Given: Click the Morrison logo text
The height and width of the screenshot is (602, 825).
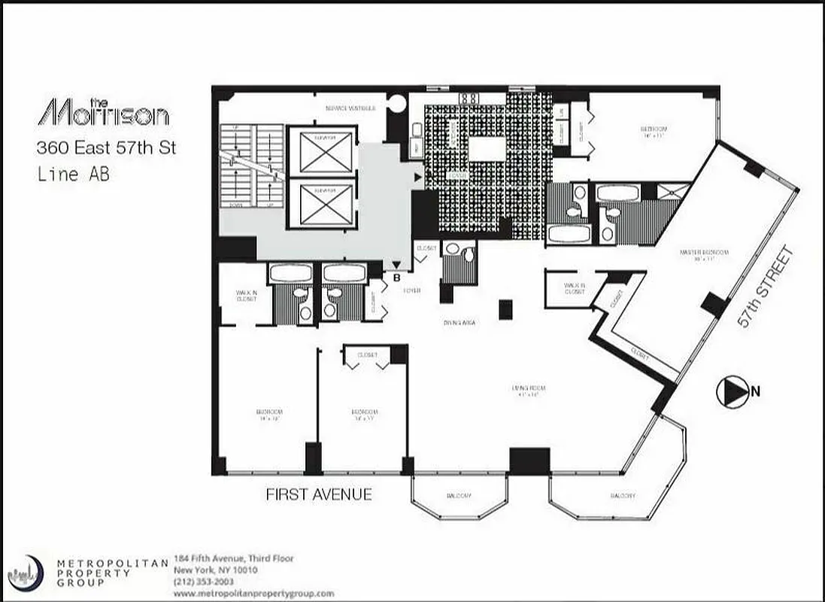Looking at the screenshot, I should click(103, 112).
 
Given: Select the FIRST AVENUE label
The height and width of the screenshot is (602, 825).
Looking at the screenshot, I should click(319, 494).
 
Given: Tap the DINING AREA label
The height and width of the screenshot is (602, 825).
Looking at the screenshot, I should click(459, 323).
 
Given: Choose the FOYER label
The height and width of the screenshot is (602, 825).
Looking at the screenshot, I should click(411, 290).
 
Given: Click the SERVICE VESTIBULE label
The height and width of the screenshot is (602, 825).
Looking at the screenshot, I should click(347, 108).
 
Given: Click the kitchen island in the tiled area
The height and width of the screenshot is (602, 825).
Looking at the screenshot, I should click(487, 148).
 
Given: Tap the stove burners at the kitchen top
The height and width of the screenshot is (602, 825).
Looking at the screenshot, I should click(470, 97).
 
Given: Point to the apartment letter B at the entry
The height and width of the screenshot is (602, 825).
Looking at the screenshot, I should click(396, 276).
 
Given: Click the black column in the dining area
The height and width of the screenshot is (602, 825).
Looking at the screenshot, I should click(505, 309).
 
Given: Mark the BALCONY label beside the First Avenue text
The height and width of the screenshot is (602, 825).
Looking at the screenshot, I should click(453, 495).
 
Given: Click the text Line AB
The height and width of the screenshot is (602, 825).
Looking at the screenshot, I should click(74, 174).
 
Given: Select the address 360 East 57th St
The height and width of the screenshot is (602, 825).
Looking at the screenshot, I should click(107, 147).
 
